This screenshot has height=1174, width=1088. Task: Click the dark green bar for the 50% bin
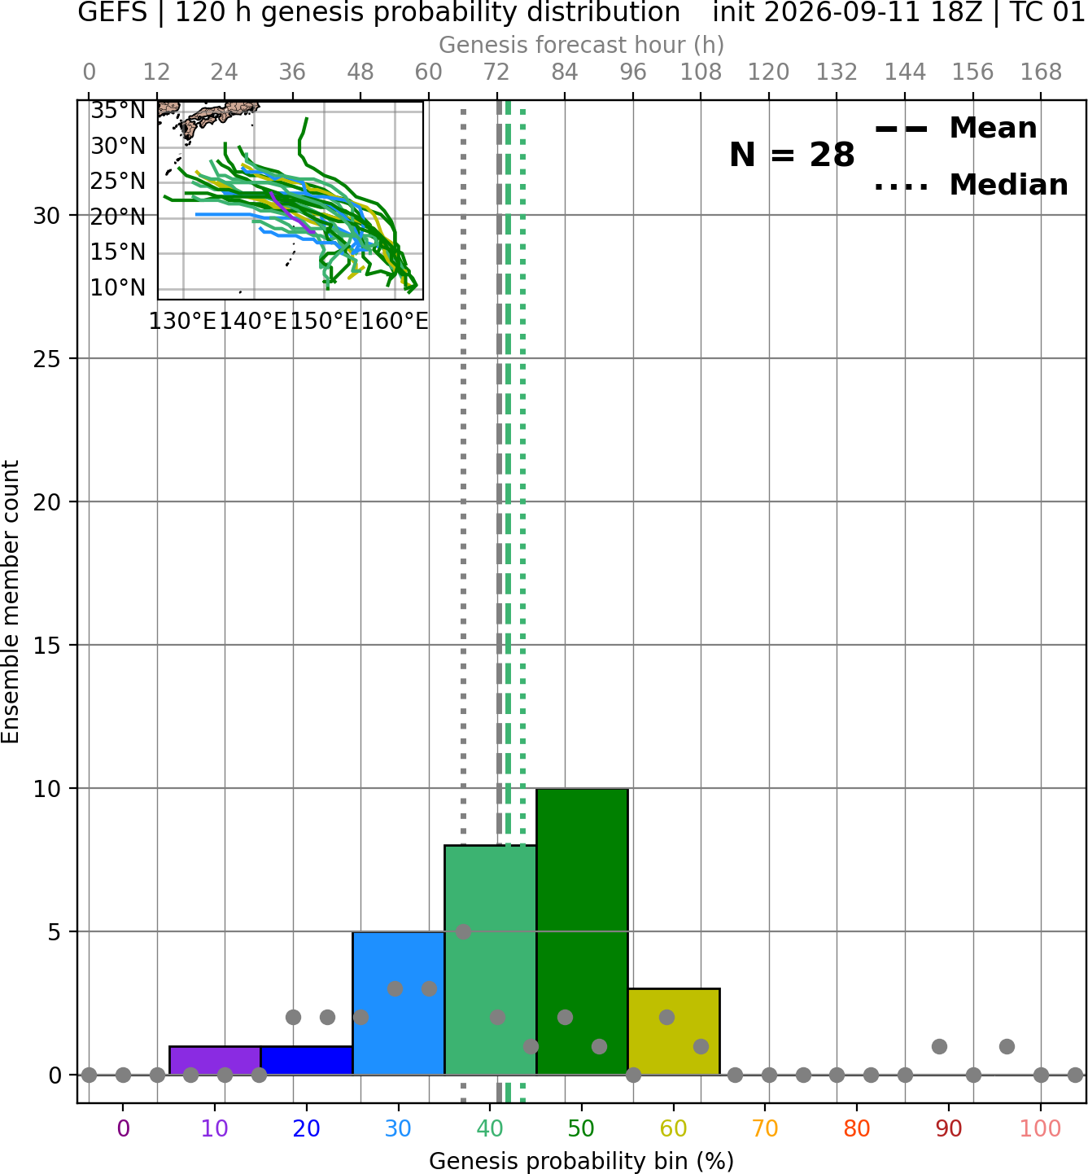pos(582,931)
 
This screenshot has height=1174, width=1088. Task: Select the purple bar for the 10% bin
pos(215,1061)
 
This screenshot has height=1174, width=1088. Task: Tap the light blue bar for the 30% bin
pos(398,1003)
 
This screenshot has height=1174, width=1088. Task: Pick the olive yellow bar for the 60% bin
pos(674,1032)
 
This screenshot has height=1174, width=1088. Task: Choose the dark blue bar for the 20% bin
pos(307,1061)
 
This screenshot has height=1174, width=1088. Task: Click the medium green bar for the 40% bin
pos(490,960)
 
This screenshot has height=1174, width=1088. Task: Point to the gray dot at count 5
pos(463,931)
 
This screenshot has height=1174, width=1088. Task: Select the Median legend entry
pos(971,185)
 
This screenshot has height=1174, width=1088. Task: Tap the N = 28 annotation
pos(792,155)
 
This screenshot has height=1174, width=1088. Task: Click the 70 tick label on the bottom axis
pos(765,1129)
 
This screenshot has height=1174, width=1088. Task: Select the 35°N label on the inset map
pos(118,111)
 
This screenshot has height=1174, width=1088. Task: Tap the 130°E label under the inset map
pos(182,321)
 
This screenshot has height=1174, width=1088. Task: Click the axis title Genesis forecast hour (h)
pos(582,45)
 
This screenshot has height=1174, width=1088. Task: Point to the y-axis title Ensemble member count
pos(11,602)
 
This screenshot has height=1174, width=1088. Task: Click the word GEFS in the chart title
pos(112,12)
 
